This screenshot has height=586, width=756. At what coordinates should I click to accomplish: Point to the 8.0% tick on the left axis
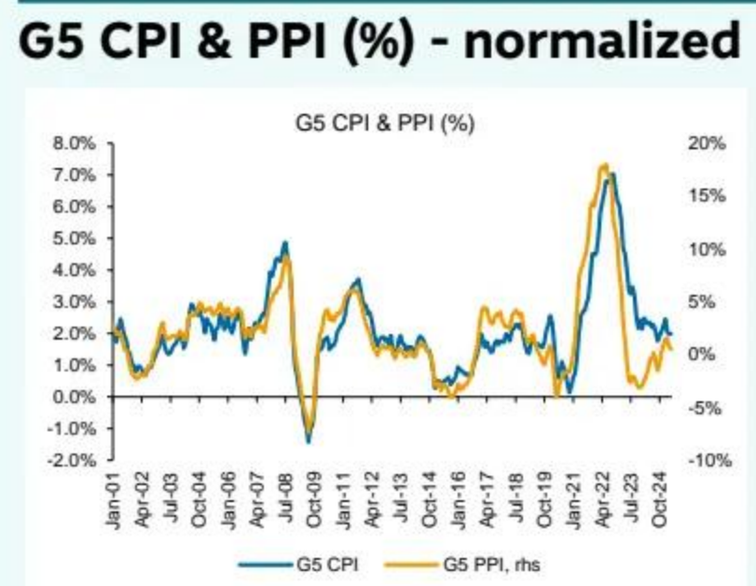point(79,144)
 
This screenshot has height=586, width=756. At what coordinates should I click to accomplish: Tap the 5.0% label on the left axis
point(79,239)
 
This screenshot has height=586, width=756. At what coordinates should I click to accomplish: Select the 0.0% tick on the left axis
point(79,398)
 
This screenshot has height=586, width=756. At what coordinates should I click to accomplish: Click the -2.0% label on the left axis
point(76,461)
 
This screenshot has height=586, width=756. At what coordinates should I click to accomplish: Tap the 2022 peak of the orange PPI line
point(603,166)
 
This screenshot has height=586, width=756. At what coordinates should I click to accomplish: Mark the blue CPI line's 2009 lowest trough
point(309,440)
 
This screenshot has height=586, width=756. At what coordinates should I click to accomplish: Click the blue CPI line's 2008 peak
point(285,243)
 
